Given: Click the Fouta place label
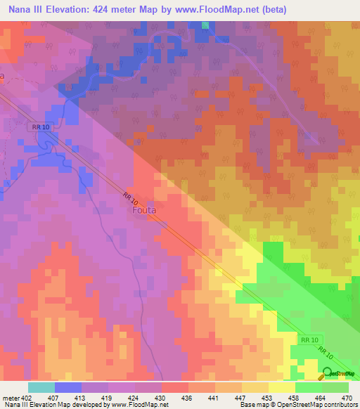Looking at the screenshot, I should pos(146,209).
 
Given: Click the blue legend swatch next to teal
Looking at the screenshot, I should pos(67,387).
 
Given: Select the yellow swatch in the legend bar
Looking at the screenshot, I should pos(281,387).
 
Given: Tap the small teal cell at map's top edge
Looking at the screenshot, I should pos(205,25).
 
